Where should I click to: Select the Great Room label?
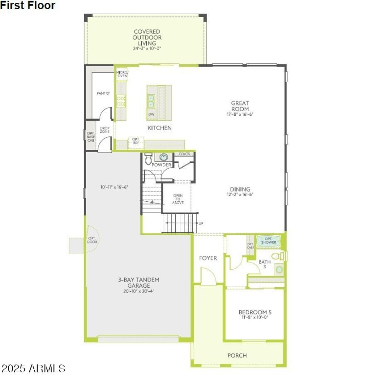click(240, 106)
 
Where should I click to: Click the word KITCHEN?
click(160, 128)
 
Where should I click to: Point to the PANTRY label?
click(103, 93)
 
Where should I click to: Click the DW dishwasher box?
click(151, 114)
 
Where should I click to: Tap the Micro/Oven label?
click(122, 74)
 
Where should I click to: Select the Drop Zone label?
click(104, 130)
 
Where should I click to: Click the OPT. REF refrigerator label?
click(136, 141)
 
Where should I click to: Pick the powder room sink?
click(163, 157)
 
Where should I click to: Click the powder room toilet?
click(148, 160)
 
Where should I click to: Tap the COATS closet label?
click(184, 154)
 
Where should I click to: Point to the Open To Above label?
click(178, 199)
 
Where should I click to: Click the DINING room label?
click(240, 189)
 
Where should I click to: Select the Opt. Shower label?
click(270, 240)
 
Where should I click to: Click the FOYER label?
click(208, 258)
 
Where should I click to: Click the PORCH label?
click(237, 356)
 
